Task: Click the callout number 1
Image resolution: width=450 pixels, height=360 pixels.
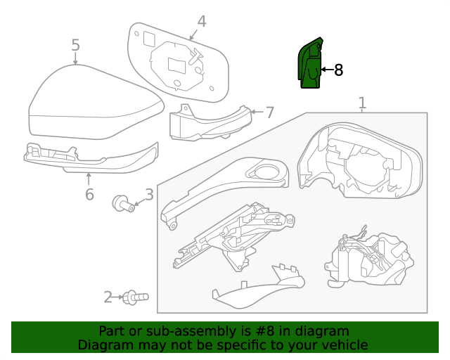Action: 362,104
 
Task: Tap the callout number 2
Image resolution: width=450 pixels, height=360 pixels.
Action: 108,297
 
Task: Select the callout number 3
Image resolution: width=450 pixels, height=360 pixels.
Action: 149,195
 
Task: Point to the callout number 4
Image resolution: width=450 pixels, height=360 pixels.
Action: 202,21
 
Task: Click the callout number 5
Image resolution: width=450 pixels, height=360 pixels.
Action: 75,46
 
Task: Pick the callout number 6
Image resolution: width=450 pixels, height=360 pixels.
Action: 89,193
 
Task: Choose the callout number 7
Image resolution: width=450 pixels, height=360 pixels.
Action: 269,112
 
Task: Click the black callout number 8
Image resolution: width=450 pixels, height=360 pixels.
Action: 337,70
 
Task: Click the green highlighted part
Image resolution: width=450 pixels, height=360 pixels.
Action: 309,65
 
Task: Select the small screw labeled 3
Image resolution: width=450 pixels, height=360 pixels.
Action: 122,205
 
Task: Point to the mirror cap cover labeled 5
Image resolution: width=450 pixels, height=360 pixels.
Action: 91,105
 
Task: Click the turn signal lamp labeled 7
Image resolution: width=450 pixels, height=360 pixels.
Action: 207,124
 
